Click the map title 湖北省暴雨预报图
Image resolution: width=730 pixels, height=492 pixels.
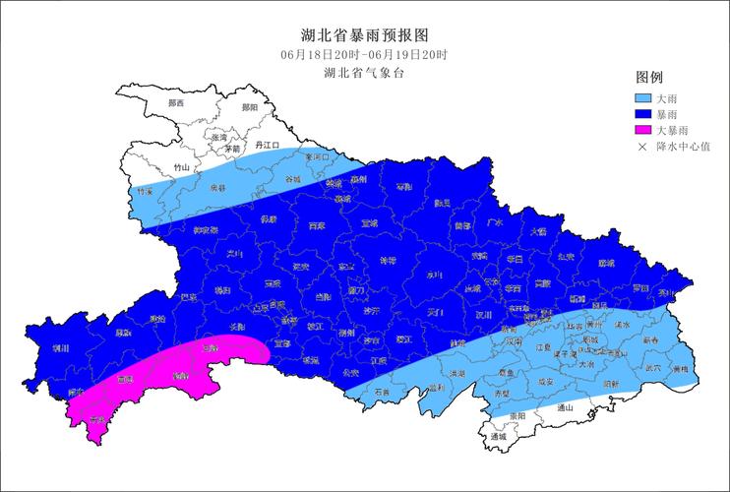[364, 33]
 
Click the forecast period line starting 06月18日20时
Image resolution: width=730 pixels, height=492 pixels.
[364, 53]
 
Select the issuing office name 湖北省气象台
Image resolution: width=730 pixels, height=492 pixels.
[364, 72]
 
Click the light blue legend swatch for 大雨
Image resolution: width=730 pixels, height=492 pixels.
[643, 98]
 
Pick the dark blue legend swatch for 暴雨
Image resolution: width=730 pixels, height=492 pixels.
[643, 114]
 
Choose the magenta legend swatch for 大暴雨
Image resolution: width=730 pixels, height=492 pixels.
[643, 130]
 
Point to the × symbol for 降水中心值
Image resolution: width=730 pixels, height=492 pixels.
[643, 147]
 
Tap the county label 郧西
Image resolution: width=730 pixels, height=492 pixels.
[176, 103]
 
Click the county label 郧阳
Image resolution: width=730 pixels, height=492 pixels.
[249, 106]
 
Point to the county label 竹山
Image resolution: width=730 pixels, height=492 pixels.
[181, 168]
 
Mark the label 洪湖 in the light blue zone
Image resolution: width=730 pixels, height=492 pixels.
[456, 374]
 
